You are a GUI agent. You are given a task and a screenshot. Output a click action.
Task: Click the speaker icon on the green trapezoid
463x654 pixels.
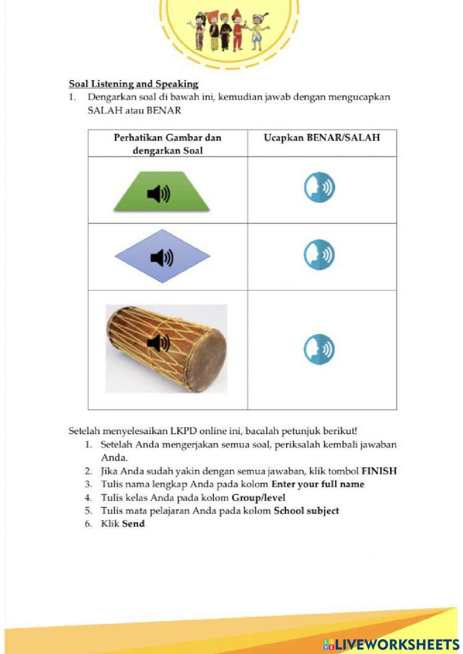tap(158, 194)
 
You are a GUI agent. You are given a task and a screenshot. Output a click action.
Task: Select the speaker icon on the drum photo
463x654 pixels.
tap(158, 343)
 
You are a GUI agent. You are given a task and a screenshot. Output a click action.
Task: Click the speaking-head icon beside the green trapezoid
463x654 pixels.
tap(319, 187)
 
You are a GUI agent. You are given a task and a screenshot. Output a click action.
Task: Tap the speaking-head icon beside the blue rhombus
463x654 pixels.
tap(319, 255)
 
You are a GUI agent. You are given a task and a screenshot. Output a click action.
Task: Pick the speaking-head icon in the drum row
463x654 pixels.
tap(319, 349)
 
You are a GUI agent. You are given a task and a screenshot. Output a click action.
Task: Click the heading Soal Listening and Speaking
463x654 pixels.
tap(133, 84)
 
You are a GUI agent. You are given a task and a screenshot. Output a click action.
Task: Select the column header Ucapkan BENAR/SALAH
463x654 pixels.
tap(322, 138)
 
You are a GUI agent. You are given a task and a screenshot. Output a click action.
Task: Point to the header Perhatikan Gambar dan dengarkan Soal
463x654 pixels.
tap(168, 144)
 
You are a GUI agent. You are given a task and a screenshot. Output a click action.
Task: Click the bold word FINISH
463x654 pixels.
tap(379, 471)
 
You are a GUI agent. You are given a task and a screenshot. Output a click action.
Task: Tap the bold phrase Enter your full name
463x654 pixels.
tap(318, 485)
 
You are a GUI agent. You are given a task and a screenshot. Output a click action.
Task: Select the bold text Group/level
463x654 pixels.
tap(258, 498)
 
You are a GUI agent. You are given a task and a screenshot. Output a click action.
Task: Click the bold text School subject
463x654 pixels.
tap(306, 511)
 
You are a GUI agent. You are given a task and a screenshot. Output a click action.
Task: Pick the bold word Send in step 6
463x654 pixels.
tap(133, 524)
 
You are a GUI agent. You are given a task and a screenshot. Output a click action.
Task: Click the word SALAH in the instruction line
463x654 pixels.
tap(105, 111)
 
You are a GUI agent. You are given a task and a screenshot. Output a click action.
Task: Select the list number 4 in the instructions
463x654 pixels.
tap(88, 498)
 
